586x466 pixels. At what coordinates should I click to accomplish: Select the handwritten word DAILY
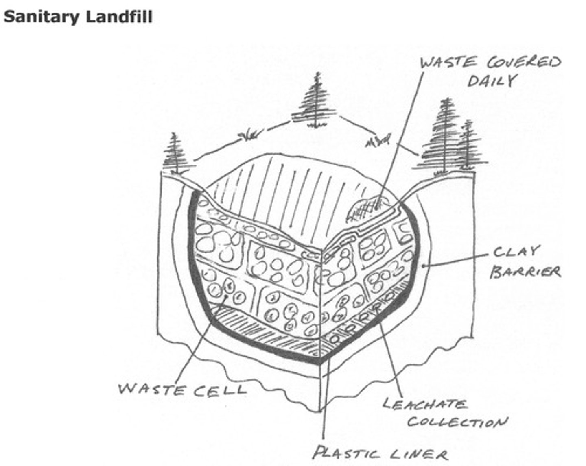(492, 81)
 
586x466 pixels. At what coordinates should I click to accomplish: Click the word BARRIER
(525, 272)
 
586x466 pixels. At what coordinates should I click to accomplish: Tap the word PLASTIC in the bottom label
(348, 453)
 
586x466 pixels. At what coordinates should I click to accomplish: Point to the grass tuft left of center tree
(249, 135)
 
